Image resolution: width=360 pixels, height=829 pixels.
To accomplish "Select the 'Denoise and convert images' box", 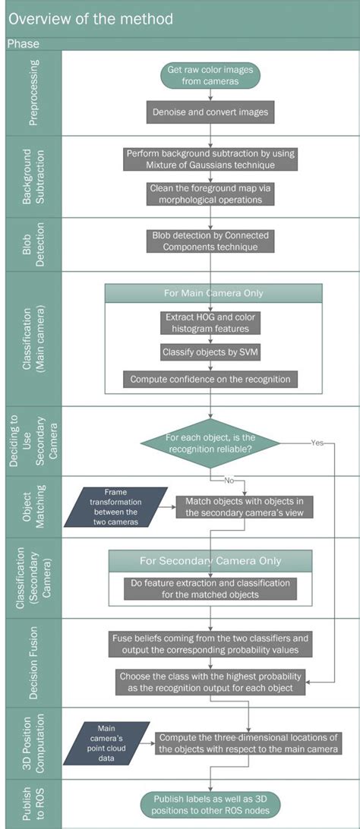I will point(210,112).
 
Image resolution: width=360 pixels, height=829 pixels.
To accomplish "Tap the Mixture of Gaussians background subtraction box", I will point(210,159).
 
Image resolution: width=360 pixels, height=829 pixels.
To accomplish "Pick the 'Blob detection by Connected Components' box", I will point(210,241).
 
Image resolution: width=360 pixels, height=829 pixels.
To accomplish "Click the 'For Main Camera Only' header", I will point(213,293).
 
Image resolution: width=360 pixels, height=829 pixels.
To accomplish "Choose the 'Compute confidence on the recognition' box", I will point(210,379).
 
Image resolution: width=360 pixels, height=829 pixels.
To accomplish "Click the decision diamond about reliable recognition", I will point(211,443).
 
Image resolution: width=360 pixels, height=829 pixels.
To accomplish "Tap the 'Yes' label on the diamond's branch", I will point(317,443).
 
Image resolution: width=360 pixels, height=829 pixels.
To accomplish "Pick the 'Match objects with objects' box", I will point(244,507).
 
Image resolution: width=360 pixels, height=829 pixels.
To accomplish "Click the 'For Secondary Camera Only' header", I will point(210,561).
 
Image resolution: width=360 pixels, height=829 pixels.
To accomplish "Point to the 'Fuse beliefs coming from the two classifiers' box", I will point(210,644).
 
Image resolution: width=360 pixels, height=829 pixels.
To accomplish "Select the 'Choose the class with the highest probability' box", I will point(210,682).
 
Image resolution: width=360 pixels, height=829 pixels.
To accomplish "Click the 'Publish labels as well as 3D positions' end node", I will point(210,804).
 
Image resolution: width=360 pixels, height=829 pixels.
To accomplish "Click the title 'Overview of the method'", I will point(90,18).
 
